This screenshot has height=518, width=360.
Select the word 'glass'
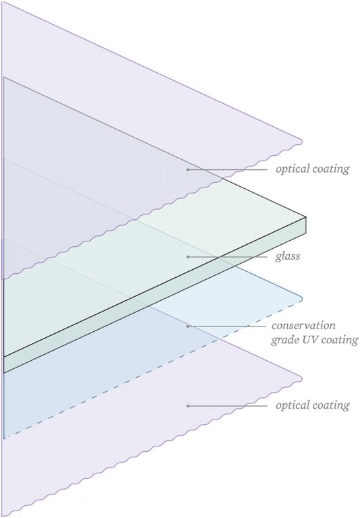[288, 256]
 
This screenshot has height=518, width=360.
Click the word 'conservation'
[303, 326]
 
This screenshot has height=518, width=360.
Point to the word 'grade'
[283, 340]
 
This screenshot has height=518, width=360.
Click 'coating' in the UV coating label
[340, 340]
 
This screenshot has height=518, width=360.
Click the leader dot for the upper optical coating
[187, 169]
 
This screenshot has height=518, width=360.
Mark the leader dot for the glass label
[187, 257]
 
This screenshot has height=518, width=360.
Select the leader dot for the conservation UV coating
[187, 326]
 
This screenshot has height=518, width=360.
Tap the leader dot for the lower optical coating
[187, 405]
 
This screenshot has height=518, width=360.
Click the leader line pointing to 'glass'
[227, 257]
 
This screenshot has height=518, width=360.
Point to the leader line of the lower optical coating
[227, 405]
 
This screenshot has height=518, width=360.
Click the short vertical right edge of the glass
[306, 225]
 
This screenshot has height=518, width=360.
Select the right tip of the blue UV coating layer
[302, 299]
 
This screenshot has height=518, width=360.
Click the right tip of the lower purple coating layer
[302, 378]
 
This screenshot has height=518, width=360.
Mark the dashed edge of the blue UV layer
[152, 370]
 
